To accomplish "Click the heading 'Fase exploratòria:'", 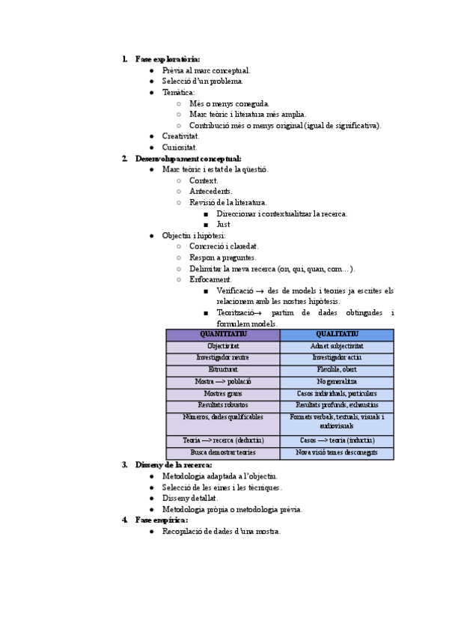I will (x=168, y=59).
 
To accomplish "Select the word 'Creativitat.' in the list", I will (x=180, y=136).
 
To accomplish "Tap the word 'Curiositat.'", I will (x=180, y=148).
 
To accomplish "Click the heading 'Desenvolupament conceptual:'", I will (x=188, y=159).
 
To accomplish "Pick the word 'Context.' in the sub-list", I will (x=204, y=180).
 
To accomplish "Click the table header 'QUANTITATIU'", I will (x=223, y=335).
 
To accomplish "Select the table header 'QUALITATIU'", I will (x=337, y=335).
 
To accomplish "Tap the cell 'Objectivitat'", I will (x=223, y=347).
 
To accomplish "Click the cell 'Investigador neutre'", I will (x=223, y=358).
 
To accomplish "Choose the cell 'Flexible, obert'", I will (x=337, y=370).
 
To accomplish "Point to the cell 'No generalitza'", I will (x=337, y=382).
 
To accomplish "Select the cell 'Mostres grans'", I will (x=223, y=393).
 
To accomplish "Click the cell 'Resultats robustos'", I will (x=223, y=405).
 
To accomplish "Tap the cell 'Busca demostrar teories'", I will (x=223, y=452).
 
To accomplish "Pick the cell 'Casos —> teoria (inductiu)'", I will (x=337, y=440).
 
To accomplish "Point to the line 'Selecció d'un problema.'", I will (x=203, y=81).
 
